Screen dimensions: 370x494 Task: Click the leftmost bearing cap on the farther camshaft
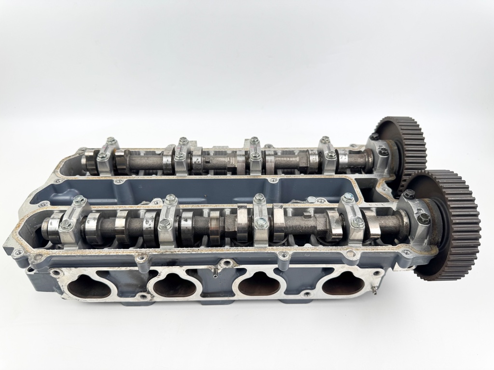[x=106, y=155]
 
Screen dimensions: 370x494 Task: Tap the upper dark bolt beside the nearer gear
[x=409, y=194]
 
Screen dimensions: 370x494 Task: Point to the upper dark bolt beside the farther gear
[x=374, y=137]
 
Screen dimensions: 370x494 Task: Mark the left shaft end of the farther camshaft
[x=86, y=160]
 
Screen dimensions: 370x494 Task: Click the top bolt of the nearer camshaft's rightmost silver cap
[x=347, y=197]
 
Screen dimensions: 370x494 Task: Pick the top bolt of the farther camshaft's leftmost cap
[x=111, y=141]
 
